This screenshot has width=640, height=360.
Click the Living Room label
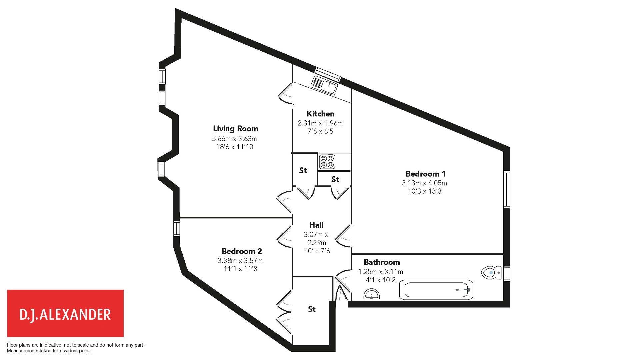[x=235, y=129]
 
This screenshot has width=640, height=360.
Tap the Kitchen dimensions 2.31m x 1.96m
[x=320, y=123]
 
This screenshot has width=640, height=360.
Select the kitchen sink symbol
[x=324, y=85]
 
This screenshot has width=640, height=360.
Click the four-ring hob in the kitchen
[x=327, y=162]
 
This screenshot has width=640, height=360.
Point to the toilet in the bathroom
[x=491, y=273]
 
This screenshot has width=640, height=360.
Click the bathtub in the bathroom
[x=436, y=290]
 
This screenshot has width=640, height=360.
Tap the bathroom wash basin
[x=371, y=295]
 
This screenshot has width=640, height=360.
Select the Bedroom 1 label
[x=425, y=174]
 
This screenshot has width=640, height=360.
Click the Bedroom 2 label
[x=242, y=251]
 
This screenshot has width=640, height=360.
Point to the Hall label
[x=316, y=225]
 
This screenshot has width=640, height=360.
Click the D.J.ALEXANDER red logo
[x=65, y=313]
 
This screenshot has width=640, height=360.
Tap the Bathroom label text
[x=382, y=262]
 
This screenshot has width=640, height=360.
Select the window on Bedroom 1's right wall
[x=507, y=189]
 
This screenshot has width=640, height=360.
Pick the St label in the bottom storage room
[x=312, y=309]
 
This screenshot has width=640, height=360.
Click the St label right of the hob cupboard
[x=335, y=179]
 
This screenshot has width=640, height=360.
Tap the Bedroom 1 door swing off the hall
[x=344, y=237]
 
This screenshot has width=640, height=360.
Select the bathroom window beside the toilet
[x=507, y=274]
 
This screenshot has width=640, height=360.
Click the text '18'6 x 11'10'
[x=235, y=147]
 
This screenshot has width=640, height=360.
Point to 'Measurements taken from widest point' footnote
[x=49, y=351]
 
